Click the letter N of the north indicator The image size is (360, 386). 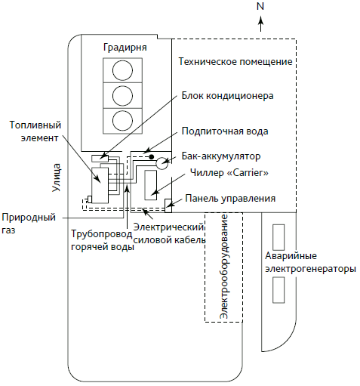260,6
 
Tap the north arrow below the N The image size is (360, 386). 261,24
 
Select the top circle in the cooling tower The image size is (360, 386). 122,70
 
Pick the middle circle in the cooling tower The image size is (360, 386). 122,95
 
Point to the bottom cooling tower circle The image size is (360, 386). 122,121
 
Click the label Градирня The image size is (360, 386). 125,48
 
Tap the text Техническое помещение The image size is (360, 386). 235,62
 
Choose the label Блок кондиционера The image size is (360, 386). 227,96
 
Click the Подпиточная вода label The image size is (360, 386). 225,131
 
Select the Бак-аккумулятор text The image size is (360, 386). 221,156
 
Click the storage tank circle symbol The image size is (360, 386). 162,163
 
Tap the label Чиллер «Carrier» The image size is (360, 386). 229,173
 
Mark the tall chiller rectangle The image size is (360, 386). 150,185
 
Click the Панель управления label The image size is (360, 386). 230,199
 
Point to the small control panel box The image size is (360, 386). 168,205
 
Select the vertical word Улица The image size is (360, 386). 57,178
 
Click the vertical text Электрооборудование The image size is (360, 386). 223,267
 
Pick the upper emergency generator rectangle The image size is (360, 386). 278,237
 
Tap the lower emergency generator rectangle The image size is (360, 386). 278,290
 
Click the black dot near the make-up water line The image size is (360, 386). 152,156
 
